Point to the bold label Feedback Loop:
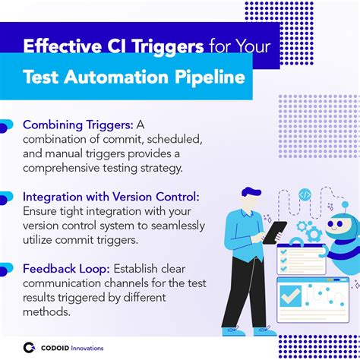tap(65, 268)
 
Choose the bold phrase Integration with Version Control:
tap(111, 197)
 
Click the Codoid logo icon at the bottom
tap(30, 347)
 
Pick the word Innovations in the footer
tap(84, 348)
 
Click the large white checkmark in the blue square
tap(291, 295)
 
